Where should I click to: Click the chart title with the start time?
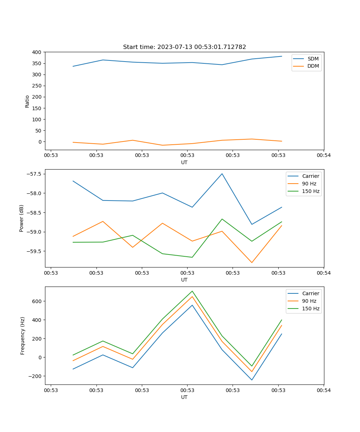coord(184,47)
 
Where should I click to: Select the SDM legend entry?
coord(313,59)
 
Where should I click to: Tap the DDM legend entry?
coord(313,66)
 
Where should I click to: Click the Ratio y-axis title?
coord(27,101)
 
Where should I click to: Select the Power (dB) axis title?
coord(22,218)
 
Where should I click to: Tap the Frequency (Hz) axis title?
coord(22,336)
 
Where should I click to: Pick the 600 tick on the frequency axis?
coord(36,301)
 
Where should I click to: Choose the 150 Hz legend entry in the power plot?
coord(311,191)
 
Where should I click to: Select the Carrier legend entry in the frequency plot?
coord(311,293)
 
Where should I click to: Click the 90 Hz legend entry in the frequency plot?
coord(309,301)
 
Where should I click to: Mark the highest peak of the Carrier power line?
coord(222,174)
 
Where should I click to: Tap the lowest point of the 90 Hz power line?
coord(252,263)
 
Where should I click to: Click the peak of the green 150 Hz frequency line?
coord(192,291)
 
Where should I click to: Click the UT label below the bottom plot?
coord(184,397)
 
